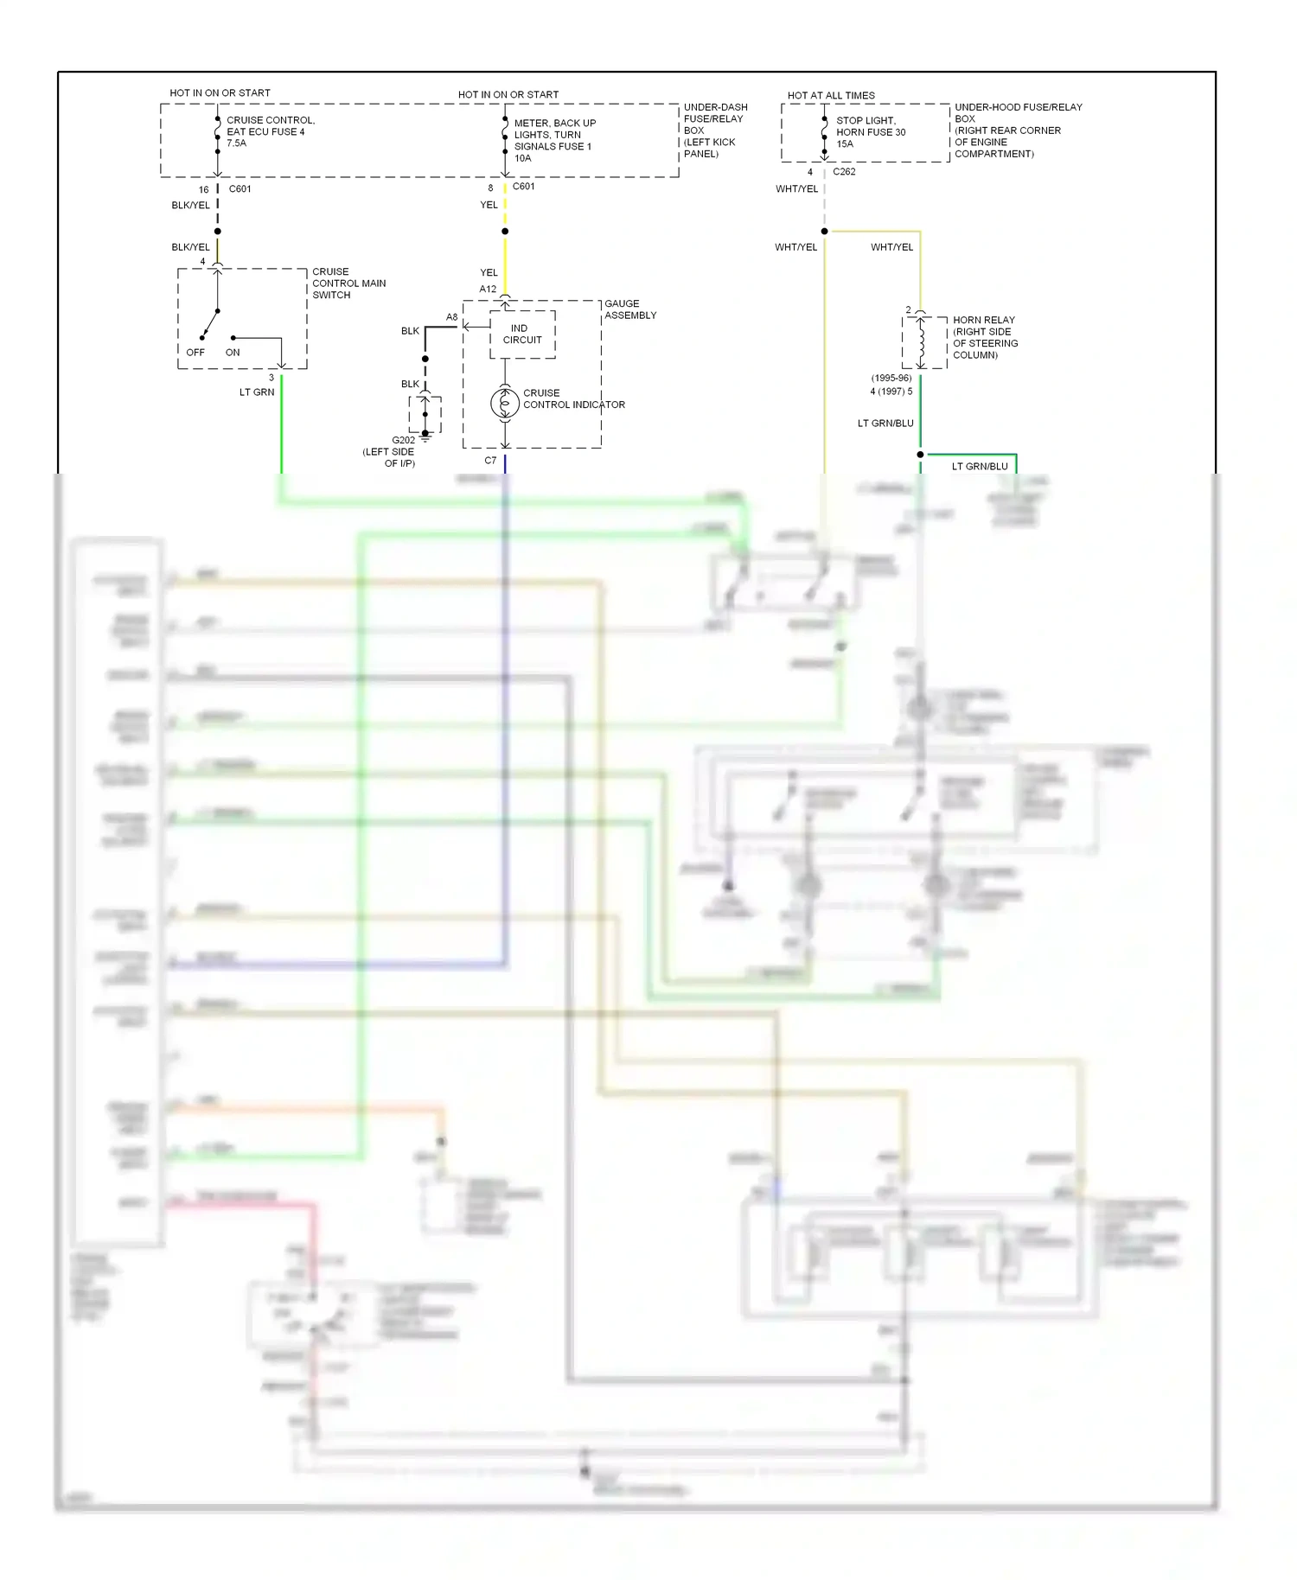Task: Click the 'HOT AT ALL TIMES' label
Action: click(830, 95)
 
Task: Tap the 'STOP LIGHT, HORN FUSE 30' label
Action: click(870, 126)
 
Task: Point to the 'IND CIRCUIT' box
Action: click(522, 334)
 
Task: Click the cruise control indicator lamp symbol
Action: click(505, 403)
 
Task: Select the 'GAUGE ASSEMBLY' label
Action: click(629, 309)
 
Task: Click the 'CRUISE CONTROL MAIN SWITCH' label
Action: click(348, 284)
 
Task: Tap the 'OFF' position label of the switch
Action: click(195, 353)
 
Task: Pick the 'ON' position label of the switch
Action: click(233, 353)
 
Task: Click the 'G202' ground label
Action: click(403, 440)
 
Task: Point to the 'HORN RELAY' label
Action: click(983, 320)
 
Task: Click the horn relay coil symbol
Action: click(922, 342)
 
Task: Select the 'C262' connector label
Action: click(844, 172)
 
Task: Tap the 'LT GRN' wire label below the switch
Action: click(257, 392)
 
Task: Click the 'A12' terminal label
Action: click(488, 290)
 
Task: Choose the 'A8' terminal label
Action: click(451, 317)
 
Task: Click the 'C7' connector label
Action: click(490, 461)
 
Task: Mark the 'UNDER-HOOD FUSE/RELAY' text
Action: click(1018, 107)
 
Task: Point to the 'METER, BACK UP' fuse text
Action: click(554, 123)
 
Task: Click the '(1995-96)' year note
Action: click(891, 379)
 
